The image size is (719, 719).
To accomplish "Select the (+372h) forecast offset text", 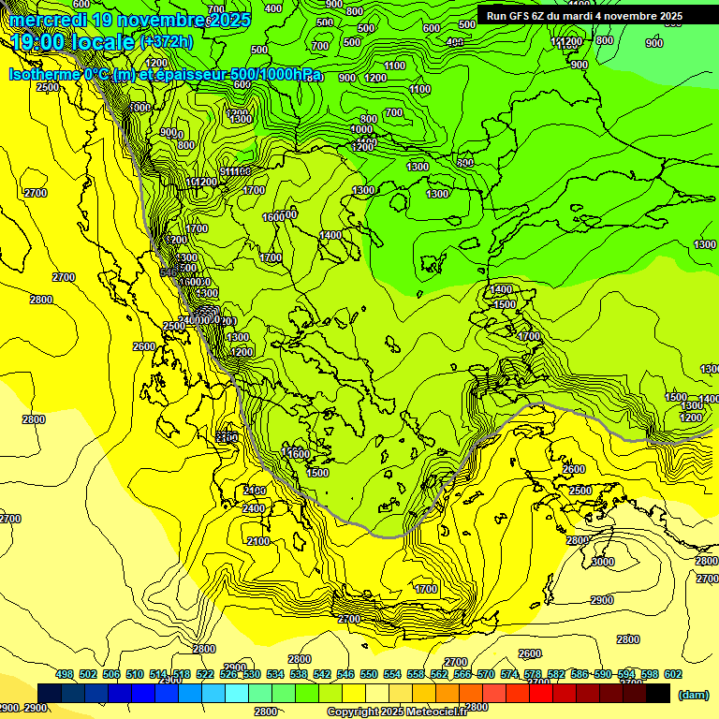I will pyautogui.click(x=167, y=42).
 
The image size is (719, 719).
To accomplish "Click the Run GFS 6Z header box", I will pyautogui.click(x=584, y=16).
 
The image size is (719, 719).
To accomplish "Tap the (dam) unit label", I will pyautogui.click(x=693, y=695).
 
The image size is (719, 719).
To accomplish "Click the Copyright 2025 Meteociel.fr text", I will pyautogui.click(x=396, y=712).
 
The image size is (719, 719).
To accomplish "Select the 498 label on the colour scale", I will pyautogui.click(x=65, y=674).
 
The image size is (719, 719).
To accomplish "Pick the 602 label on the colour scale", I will pyautogui.click(x=672, y=674).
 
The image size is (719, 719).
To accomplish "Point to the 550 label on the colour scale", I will pyautogui.click(x=369, y=674).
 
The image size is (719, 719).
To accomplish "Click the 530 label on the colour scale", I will pyautogui.click(x=252, y=674).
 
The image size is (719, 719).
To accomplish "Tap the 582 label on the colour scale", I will pyautogui.click(x=556, y=674).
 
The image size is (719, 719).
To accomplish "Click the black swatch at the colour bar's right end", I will pyautogui.click(x=658, y=693).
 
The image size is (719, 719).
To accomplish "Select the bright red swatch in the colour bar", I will pyautogui.click(x=541, y=693).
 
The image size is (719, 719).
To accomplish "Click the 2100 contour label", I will pyautogui.click(x=258, y=541).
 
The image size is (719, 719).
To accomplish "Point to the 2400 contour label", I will pyautogui.click(x=254, y=508).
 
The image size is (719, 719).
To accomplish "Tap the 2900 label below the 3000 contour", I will pyautogui.click(x=602, y=600).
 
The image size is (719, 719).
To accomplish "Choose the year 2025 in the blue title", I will pyautogui.click(x=231, y=20).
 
